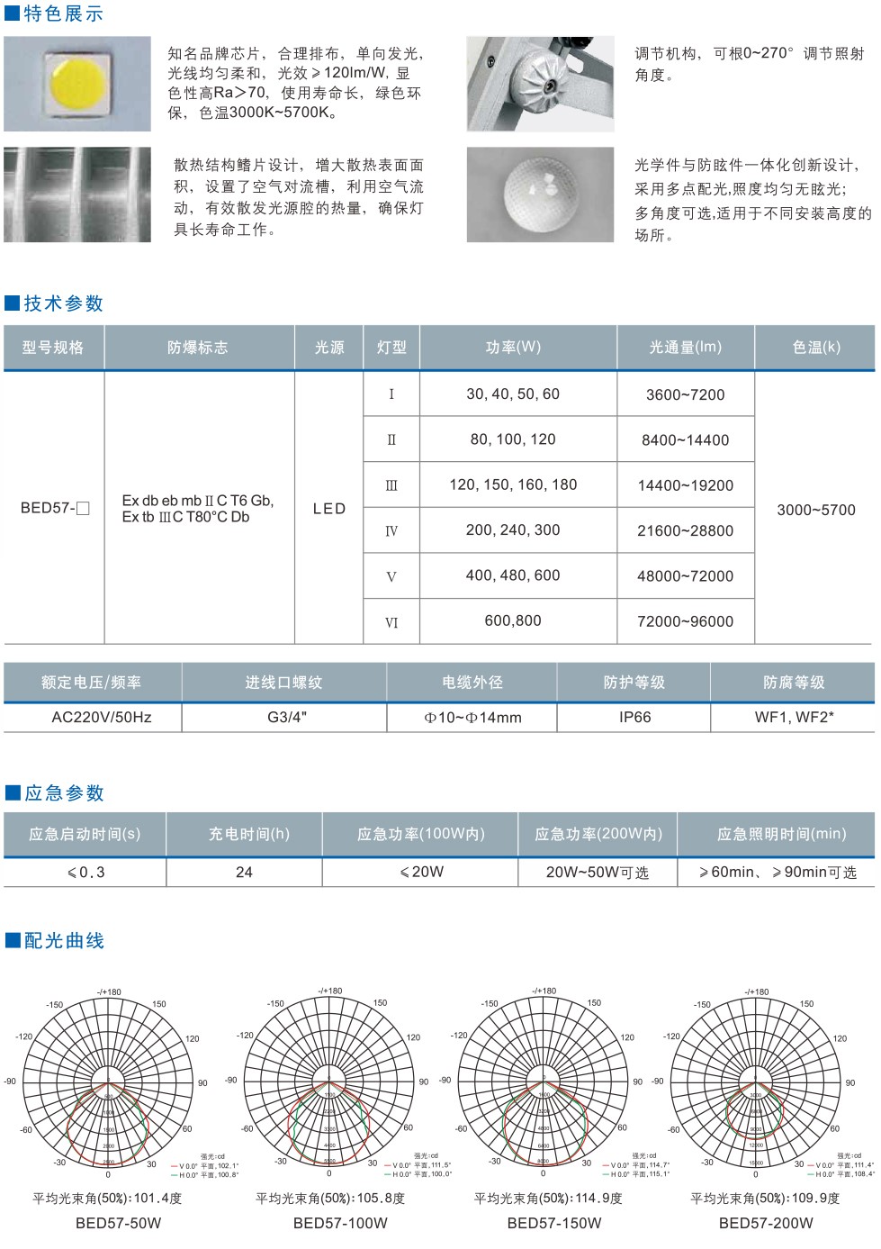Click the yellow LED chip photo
[77, 84]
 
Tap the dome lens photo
[540, 195]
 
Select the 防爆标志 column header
[198, 348]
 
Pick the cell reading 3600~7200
[685, 394]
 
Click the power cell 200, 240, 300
[513, 530]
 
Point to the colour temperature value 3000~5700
[816, 510]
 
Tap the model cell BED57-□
[55, 508]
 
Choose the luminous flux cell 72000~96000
[685, 621]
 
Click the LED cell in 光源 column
[329, 509]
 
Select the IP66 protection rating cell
[634, 718]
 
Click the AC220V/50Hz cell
[102, 718]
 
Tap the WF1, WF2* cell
[794, 718]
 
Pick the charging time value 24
[244, 872]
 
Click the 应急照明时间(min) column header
[781, 834]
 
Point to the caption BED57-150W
[554, 1223]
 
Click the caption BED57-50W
[119, 1223]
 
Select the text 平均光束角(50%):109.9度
[765, 1199]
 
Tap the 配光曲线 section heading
[64, 941]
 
